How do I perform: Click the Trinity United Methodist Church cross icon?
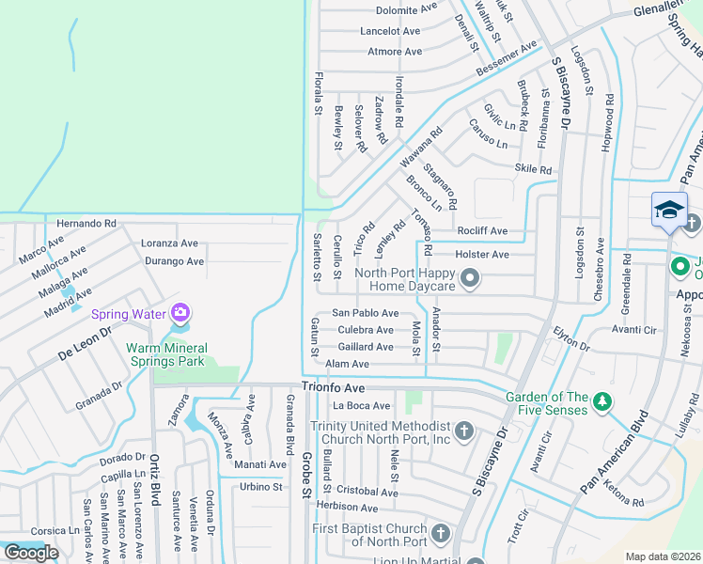(x=462, y=431)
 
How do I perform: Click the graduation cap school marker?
(x=669, y=210)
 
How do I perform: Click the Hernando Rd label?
(x=86, y=224)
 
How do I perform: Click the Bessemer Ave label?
(x=506, y=58)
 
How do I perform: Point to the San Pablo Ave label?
(x=366, y=313)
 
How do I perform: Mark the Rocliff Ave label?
(x=482, y=231)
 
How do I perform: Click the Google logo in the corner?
(x=30, y=552)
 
